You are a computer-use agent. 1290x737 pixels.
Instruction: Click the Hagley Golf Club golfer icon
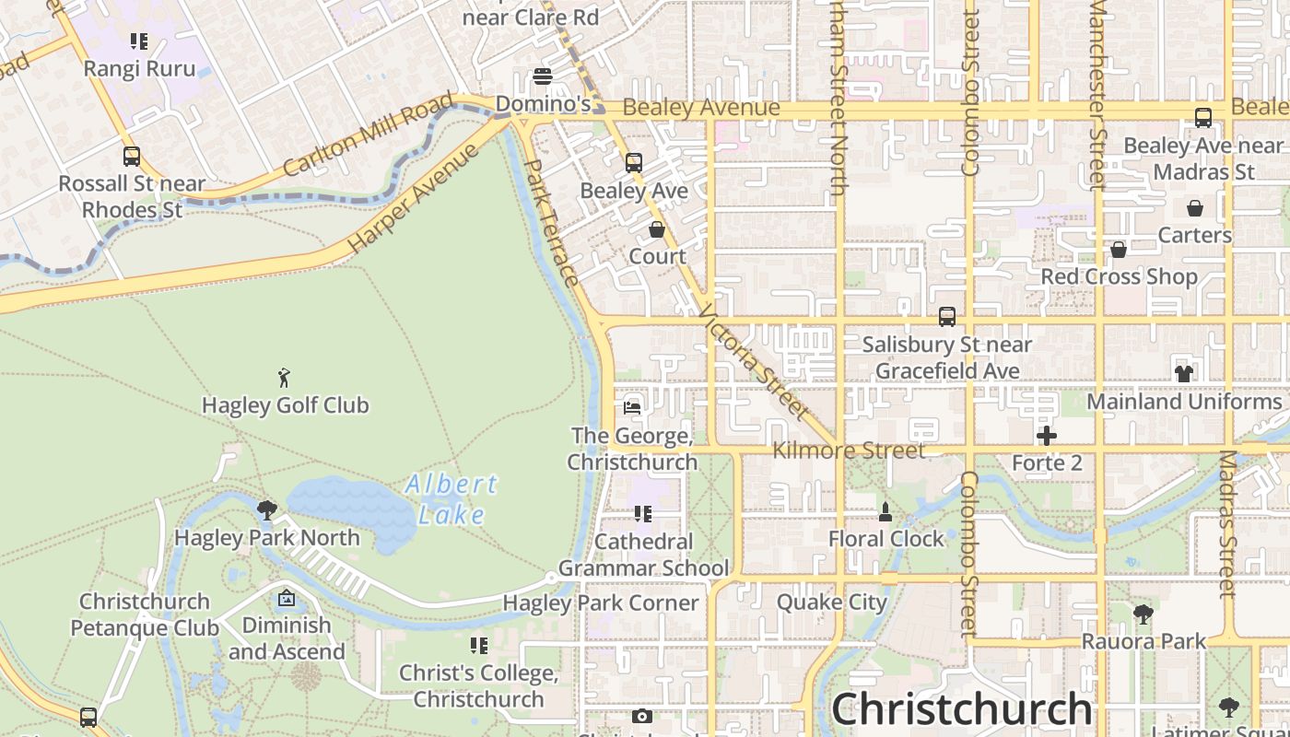pyautogui.click(x=284, y=378)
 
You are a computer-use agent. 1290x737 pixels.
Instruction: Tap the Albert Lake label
pyautogui.click(x=451, y=498)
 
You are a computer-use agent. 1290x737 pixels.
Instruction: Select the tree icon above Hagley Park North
pyautogui.click(x=267, y=510)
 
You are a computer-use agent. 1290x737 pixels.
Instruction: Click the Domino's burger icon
pyautogui.click(x=543, y=76)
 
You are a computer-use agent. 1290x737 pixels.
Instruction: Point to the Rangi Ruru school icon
pyautogui.click(x=139, y=41)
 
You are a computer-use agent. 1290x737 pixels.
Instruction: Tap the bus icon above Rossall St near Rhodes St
pyautogui.click(x=132, y=157)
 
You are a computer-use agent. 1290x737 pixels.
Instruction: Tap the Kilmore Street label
pyautogui.click(x=849, y=450)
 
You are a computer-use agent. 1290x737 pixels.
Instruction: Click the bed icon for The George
pyautogui.click(x=632, y=407)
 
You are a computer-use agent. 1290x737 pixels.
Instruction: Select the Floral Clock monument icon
pyautogui.click(x=885, y=511)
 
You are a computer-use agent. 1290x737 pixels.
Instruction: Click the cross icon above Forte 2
pyautogui.click(x=1046, y=436)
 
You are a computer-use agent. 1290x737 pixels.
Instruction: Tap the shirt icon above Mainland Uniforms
pyautogui.click(x=1184, y=374)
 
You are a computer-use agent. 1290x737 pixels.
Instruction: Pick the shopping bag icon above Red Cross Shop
pyautogui.click(x=1119, y=250)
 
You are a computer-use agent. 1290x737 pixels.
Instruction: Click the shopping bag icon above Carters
pyautogui.click(x=1195, y=208)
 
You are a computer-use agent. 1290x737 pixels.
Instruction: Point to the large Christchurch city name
pyautogui.click(x=962, y=710)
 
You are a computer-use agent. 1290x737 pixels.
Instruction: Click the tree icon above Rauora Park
pyautogui.click(x=1143, y=614)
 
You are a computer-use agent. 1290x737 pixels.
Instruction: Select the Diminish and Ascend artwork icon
pyautogui.click(x=287, y=599)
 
